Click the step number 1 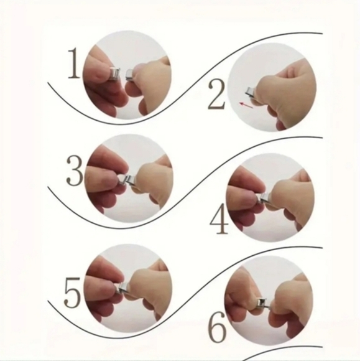tap(74, 63)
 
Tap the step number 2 tap(216, 95)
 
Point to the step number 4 tap(219, 218)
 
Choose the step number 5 tap(72, 293)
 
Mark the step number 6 tap(218, 327)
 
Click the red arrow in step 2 tap(246, 105)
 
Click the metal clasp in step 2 tap(249, 93)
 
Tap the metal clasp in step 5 tap(123, 288)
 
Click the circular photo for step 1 tap(127, 75)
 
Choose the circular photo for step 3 tap(129, 179)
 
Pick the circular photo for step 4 tap(270, 198)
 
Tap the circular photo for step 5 tap(127, 288)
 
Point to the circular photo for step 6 tap(269, 305)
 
